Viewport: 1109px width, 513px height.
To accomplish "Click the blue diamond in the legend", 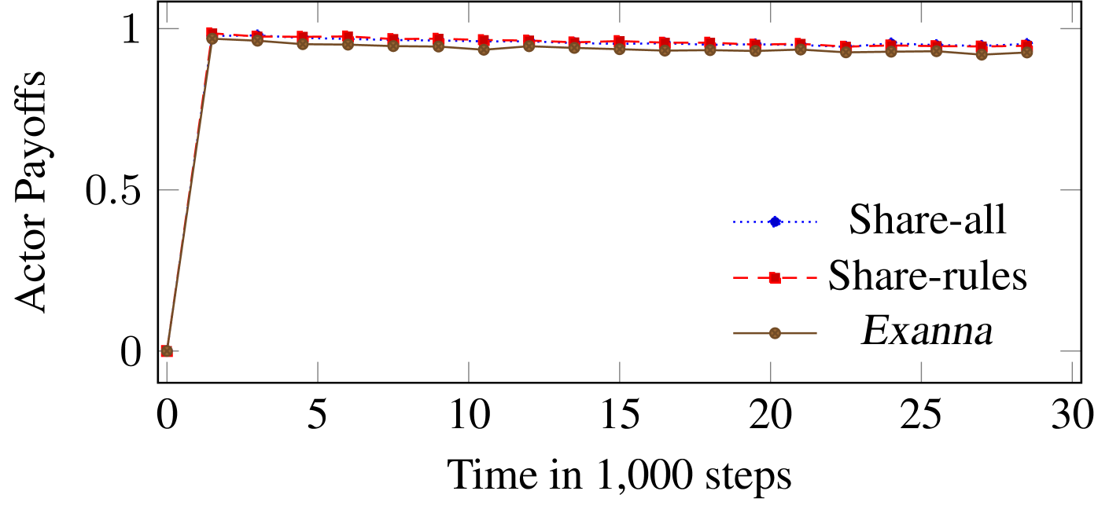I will pyautogui.click(x=775, y=222).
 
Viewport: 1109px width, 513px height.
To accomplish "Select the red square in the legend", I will pyautogui.click(x=775, y=277).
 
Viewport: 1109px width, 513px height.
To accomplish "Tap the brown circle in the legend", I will pyautogui.click(x=775, y=333).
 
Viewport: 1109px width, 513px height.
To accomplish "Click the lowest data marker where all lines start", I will pyautogui.click(x=167, y=351).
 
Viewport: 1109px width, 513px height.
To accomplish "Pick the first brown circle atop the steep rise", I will pyautogui.click(x=212, y=38).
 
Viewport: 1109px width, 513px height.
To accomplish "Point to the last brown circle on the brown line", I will pyautogui.click(x=1026, y=53).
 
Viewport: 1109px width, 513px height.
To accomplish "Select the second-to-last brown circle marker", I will pyautogui.click(x=982, y=54).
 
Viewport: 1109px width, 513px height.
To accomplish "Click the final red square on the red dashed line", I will pyautogui.click(x=1026, y=46).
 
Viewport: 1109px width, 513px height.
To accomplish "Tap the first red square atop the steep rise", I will pyautogui.click(x=212, y=33).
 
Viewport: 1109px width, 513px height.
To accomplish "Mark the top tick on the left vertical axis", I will pyautogui.click(x=169, y=29).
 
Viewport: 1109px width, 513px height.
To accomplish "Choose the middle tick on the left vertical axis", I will pyautogui.click(x=169, y=190).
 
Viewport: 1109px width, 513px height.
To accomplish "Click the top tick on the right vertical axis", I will pyautogui.click(x=1070, y=29).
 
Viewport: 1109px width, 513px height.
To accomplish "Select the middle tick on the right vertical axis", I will pyautogui.click(x=1070, y=190).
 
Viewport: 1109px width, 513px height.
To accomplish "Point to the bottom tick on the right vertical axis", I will pyautogui.click(x=1070, y=351).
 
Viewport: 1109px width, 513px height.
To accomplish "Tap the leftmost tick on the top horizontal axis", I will pyautogui.click(x=167, y=13).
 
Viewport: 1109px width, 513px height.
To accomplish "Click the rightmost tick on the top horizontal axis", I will pyautogui.click(x=1072, y=13).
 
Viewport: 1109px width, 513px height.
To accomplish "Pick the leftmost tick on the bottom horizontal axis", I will pyautogui.click(x=167, y=372).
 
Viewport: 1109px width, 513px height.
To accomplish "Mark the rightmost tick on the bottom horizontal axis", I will pyautogui.click(x=1072, y=372).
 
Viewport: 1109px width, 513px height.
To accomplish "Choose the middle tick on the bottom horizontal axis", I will pyautogui.click(x=620, y=372).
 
